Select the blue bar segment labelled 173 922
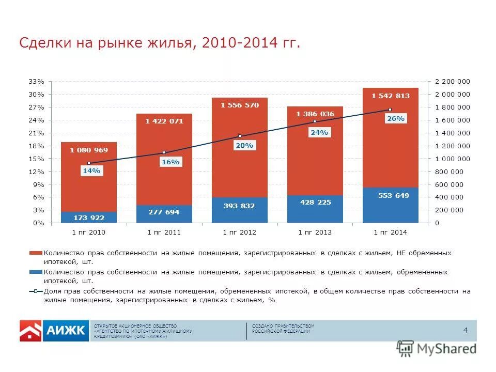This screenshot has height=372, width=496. pyautogui.click(x=89, y=217)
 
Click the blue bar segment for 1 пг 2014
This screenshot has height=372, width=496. pyautogui.click(x=391, y=205)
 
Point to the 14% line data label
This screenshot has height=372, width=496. pyautogui.click(x=91, y=172)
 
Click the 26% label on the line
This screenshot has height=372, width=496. pyautogui.click(x=396, y=119)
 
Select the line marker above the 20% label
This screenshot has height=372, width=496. pyautogui.click(x=240, y=136)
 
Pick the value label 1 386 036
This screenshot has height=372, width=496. pyautogui.click(x=315, y=114)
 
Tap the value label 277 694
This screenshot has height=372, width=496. pyautogui.click(x=164, y=212)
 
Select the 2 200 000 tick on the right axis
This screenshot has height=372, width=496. pyautogui.click(x=453, y=82)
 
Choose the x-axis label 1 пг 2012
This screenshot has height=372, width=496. pyautogui.click(x=240, y=233)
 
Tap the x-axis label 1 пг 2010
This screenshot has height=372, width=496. pyautogui.click(x=89, y=233)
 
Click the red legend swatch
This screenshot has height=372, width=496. pyautogui.click(x=35, y=253)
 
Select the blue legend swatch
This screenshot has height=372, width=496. pyautogui.click(x=35, y=272)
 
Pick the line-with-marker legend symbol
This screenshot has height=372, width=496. pyautogui.click(x=35, y=291)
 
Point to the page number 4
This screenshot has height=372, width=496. pyautogui.click(x=466, y=331)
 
